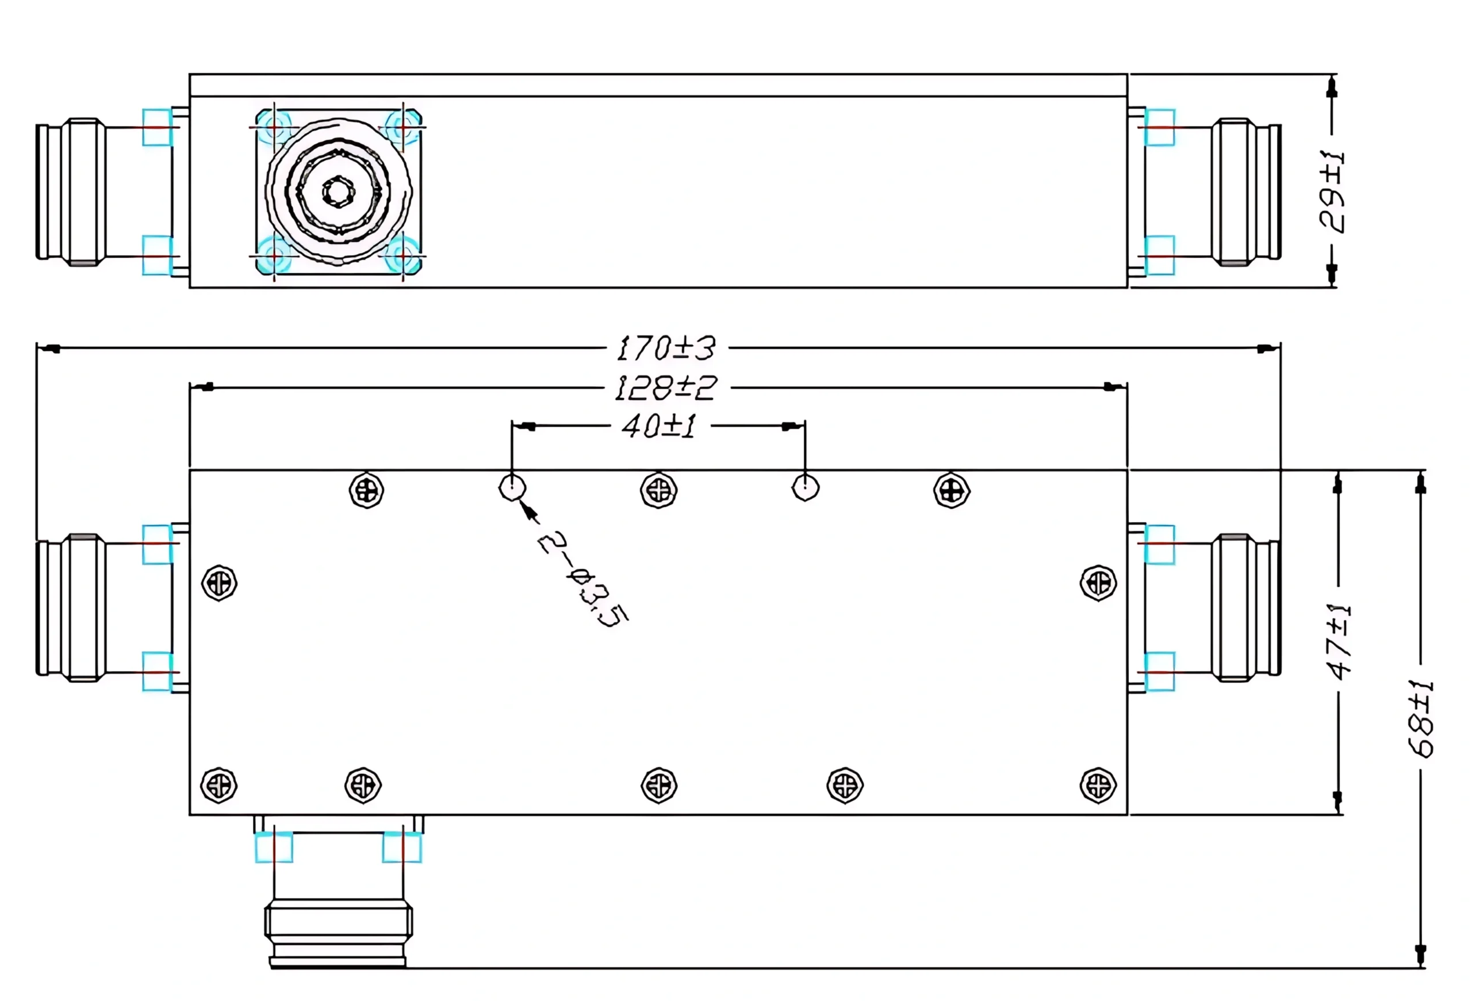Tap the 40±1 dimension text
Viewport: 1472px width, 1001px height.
point(659,426)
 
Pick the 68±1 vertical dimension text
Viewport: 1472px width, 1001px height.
point(1421,719)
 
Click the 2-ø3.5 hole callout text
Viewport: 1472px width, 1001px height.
point(581,578)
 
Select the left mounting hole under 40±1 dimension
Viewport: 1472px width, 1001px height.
point(512,488)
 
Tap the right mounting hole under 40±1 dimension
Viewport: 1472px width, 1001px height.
point(805,488)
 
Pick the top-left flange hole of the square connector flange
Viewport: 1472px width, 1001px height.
point(274,128)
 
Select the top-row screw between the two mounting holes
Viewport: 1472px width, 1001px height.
point(659,490)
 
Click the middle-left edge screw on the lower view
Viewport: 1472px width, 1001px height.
point(219,583)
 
